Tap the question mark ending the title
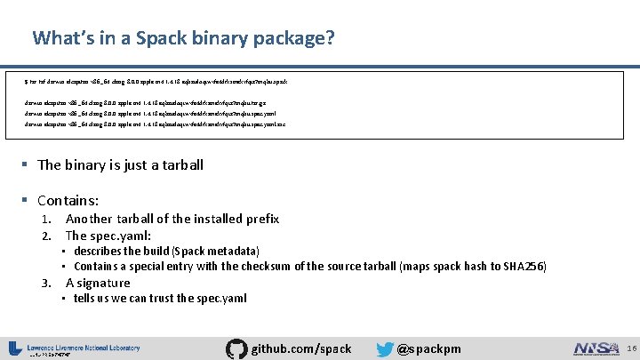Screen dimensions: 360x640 coord(330,38)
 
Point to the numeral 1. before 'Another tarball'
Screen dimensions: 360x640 coord(50,219)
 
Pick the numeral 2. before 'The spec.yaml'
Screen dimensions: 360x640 coord(50,236)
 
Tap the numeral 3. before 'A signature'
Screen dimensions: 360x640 coord(50,283)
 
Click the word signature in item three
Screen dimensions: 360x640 coord(104,283)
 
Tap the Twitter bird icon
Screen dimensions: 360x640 coord(384,348)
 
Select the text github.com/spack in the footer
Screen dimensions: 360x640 coord(301,348)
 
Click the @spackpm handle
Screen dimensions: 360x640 coord(429,348)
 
